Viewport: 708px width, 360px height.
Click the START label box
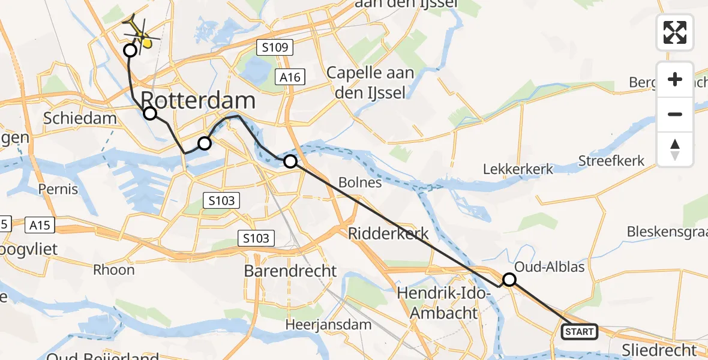[580, 332]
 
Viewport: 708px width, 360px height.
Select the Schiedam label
[80, 118]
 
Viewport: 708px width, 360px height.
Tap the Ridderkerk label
[389, 233]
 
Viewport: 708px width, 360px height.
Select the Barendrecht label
[290, 271]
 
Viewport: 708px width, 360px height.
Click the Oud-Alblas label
[549, 266]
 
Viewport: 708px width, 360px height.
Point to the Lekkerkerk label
[518, 169]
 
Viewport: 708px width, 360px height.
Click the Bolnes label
[360, 182]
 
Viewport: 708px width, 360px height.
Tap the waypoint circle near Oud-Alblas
[509, 280]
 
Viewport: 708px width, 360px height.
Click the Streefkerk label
[611, 160]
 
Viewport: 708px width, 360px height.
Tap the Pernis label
[58, 189]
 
